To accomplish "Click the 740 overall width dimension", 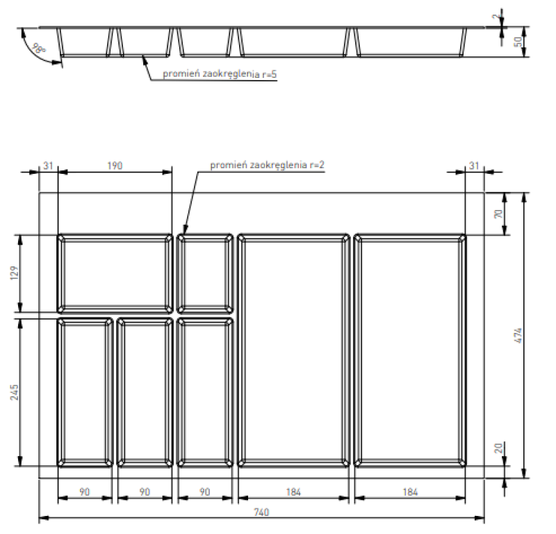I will (x=261, y=512).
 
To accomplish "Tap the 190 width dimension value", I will (x=115, y=165).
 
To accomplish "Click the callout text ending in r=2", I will (x=267, y=165).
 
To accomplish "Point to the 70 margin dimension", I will (x=498, y=213).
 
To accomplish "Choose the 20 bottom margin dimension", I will (x=498, y=449).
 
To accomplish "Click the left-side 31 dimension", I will (x=47, y=165).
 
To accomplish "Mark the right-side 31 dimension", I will (x=474, y=165).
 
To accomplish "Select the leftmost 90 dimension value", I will (x=84, y=492).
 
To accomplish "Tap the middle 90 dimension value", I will (x=145, y=492).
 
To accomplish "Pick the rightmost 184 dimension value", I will (x=410, y=492).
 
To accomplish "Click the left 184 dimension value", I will (x=293, y=492).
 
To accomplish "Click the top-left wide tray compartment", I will (x=115, y=273).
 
